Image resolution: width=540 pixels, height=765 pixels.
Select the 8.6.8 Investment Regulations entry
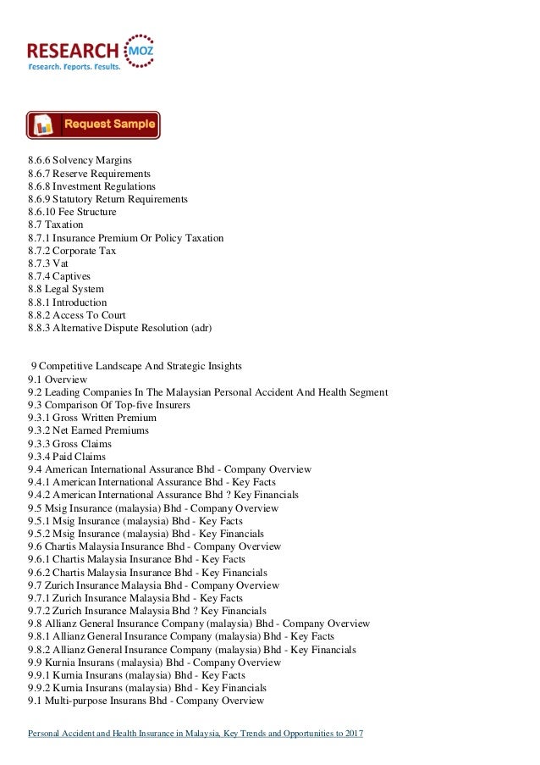coord(91,186)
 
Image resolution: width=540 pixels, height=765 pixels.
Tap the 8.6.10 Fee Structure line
coord(72,212)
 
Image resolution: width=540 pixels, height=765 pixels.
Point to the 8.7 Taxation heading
coord(55,225)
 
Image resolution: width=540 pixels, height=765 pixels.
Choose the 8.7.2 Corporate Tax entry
coord(72,251)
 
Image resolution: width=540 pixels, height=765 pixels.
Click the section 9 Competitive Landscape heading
coord(135,366)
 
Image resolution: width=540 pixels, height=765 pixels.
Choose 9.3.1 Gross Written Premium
coord(91,418)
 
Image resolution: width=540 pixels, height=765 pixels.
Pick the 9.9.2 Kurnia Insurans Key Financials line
coord(146,688)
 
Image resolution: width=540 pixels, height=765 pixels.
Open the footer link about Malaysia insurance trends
coord(195,733)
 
